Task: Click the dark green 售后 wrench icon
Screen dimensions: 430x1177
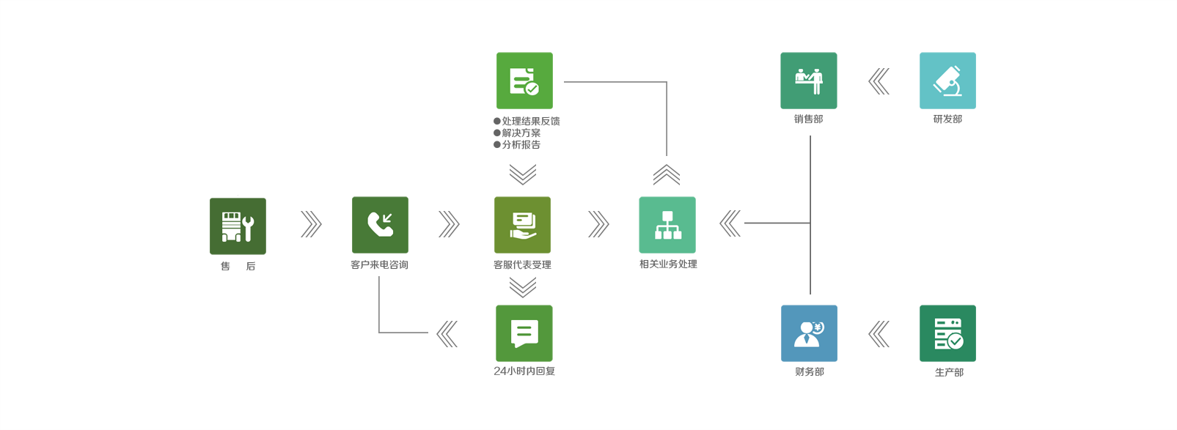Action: (238, 226)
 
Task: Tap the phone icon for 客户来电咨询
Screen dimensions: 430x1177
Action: (380, 225)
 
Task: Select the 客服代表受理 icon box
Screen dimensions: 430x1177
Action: (522, 225)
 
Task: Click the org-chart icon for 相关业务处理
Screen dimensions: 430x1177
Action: (667, 225)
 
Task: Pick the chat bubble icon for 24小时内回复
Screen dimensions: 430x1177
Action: (524, 333)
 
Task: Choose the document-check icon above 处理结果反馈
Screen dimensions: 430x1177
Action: (524, 81)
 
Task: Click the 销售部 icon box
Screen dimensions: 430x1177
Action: (809, 81)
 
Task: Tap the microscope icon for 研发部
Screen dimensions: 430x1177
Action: (947, 81)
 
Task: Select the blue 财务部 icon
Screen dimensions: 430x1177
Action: (809, 333)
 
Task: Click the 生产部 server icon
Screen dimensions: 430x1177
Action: (947, 333)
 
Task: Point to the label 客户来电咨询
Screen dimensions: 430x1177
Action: (379, 265)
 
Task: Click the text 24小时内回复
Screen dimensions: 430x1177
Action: (524, 371)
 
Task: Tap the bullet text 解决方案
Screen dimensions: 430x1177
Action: (521, 133)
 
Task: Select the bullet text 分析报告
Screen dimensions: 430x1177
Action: (521, 145)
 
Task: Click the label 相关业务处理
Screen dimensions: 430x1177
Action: (668, 264)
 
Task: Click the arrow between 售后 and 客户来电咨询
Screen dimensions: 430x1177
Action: (311, 225)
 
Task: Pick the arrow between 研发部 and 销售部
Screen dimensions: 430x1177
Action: (879, 81)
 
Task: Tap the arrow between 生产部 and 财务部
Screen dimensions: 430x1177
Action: (879, 334)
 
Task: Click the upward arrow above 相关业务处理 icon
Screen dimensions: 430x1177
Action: (667, 175)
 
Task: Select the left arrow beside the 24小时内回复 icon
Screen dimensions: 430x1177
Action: (447, 334)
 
